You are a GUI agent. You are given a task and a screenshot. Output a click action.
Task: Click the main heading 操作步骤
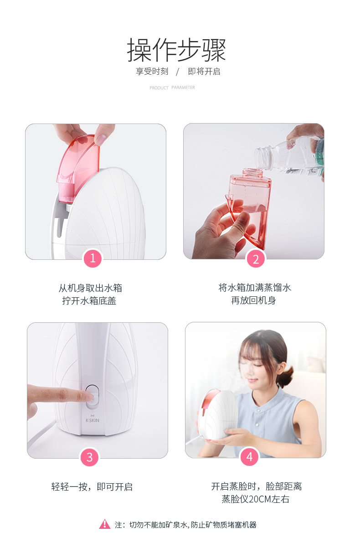pyautogui.click(x=176, y=50)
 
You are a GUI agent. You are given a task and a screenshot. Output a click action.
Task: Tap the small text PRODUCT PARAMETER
pyautogui.click(x=172, y=88)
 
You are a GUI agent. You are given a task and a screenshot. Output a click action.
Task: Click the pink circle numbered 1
pyautogui.click(x=93, y=258)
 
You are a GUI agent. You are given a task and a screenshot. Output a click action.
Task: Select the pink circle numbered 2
pyautogui.click(x=256, y=259)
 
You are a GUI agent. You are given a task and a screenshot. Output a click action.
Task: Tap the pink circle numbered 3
pyautogui.click(x=89, y=457)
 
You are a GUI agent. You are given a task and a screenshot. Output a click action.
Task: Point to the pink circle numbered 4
pyautogui.click(x=249, y=457)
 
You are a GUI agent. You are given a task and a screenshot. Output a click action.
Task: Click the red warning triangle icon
pyautogui.click(x=105, y=524)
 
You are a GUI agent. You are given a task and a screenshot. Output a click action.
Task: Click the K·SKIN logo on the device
pyautogui.click(x=93, y=419)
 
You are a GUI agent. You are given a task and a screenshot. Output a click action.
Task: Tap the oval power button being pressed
pyautogui.click(x=92, y=397)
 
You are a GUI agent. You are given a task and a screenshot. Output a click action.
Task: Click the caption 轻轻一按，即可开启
pyautogui.click(x=92, y=487)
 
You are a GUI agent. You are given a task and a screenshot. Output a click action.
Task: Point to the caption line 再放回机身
pyautogui.click(x=254, y=300)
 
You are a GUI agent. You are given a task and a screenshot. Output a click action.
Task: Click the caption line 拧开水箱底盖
pyautogui.click(x=89, y=300)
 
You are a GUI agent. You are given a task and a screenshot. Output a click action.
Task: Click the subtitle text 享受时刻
pyautogui.click(x=152, y=72)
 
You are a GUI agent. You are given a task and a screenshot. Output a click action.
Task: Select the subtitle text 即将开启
pyautogui.click(x=204, y=72)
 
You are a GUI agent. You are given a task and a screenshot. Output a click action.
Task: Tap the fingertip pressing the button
pyautogui.click(x=88, y=395)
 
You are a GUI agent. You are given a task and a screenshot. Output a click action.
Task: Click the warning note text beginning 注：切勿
pyautogui.click(x=185, y=524)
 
